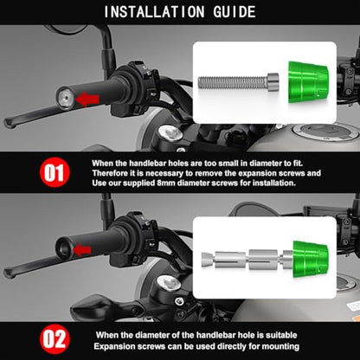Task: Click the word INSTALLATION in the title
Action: click(154, 12)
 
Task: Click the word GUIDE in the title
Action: click(235, 12)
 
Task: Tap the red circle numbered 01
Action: click(55, 172)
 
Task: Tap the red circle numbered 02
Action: click(55, 339)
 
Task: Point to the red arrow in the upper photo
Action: click(87, 100)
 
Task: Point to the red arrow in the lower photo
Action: click(82, 250)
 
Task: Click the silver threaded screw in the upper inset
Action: click(239, 82)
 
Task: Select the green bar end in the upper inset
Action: click(308, 82)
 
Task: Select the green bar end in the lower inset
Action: click(311, 259)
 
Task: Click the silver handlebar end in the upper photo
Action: click(65, 98)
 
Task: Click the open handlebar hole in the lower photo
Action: click(64, 248)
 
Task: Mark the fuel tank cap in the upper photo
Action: click(326, 132)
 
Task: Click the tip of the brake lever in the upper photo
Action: click(8, 124)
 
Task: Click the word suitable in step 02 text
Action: click(281, 335)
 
